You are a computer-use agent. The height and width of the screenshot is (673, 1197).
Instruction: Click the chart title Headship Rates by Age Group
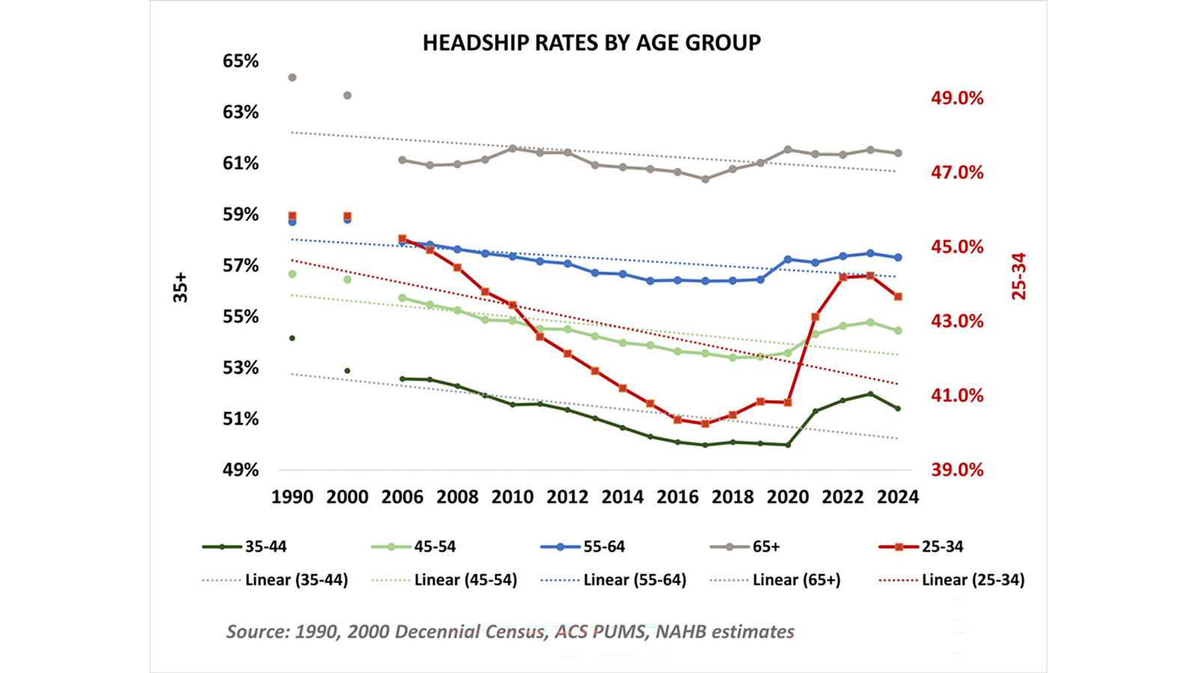[x=591, y=43]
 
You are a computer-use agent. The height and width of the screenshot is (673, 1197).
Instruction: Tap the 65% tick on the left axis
[x=240, y=61]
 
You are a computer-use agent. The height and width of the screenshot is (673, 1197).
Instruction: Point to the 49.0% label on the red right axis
[x=957, y=98]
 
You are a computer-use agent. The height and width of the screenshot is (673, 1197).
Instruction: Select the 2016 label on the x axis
[x=677, y=497]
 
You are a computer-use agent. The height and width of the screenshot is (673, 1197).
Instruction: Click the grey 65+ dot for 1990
[x=293, y=78]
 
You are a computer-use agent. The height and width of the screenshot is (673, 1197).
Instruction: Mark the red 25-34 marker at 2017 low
[x=705, y=423]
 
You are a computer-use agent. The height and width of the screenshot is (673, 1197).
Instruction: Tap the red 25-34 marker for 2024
[x=898, y=297]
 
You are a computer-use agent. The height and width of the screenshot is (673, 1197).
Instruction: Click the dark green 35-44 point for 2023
[x=870, y=394]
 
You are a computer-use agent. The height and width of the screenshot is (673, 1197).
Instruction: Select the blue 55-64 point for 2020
[x=788, y=259]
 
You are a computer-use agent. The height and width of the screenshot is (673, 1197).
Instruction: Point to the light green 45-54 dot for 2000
[x=347, y=280]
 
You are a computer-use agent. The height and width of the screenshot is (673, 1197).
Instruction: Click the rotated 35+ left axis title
[x=180, y=287]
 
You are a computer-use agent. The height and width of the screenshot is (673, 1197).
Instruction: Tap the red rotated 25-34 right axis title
[x=1019, y=277]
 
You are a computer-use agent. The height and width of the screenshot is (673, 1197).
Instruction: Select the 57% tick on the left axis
[x=240, y=265]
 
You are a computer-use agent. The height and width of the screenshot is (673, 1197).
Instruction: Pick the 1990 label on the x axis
[x=292, y=497]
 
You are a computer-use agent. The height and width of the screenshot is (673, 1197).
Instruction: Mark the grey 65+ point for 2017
[x=705, y=179]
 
